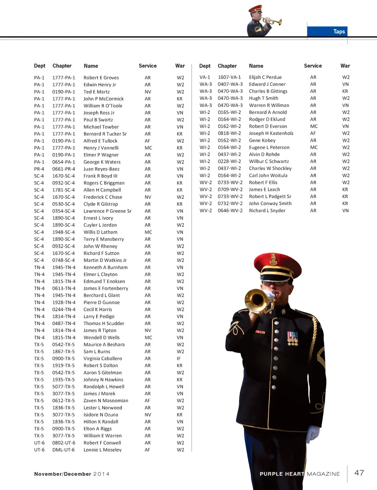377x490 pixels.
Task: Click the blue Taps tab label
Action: tap(339, 32)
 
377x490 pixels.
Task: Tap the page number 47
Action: tap(359, 473)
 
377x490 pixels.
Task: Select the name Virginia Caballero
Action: tap(102, 359)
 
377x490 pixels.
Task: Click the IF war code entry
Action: tap(179, 359)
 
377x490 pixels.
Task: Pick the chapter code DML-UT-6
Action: tap(63, 450)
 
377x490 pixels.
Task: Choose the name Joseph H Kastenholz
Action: tap(271, 133)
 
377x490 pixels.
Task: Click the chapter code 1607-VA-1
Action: tap(229, 77)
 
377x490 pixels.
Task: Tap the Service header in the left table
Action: tap(148, 66)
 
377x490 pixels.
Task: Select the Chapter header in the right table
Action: tap(227, 66)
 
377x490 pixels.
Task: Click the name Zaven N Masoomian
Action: tap(106, 400)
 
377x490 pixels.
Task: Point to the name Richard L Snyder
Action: tap(267, 210)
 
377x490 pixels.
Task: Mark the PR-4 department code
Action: tap(39, 169)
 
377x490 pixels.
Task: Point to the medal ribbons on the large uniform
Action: tap(293, 338)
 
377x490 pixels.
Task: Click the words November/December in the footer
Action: tap(62, 474)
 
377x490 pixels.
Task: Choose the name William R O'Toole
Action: tap(103, 106)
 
